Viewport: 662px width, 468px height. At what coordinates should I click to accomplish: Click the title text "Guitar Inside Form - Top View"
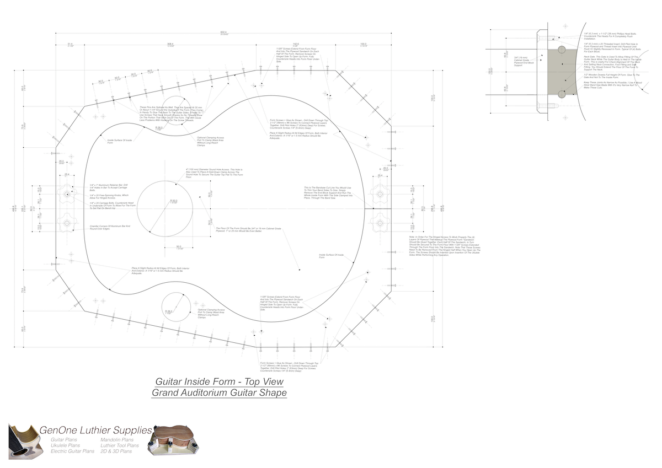tap(219, 381)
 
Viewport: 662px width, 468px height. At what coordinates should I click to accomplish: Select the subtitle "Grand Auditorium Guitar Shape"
tap(219, 393)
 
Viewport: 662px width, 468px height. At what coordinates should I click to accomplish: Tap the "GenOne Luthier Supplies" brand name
tap(95, 430)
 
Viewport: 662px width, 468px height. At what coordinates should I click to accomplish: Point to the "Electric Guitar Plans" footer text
tap(72, 451)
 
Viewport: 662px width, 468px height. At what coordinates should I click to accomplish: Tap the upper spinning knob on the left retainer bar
tap(67, 194)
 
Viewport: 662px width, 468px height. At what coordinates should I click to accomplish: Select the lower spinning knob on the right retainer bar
tap(380, 223)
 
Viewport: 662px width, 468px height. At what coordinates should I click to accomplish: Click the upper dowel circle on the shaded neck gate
tap(562, 50)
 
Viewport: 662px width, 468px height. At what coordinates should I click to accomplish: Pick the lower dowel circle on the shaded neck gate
tap(562, 93)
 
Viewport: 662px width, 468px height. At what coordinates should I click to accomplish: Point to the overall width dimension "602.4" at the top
tap(223, 31)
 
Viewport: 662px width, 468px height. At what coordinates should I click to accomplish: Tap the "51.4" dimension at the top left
tap(70, 44)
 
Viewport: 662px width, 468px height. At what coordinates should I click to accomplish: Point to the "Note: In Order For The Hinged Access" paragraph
tap(441, 246)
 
